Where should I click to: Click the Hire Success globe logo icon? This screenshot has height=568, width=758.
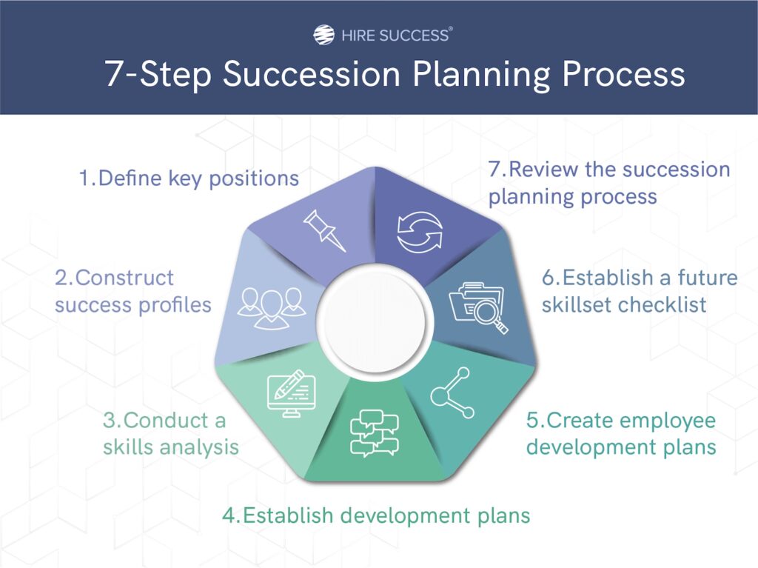coord(323,35)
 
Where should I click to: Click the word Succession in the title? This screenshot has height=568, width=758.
coord(312,74)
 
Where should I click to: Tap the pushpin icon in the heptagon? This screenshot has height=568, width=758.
coord(324,230)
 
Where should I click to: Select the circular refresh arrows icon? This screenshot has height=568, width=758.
coord(420,233)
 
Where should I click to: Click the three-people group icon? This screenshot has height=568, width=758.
coord(271,308)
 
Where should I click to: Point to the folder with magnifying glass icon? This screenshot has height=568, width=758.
coord(478,308)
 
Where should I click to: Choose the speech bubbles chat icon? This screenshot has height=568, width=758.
coord(374,433)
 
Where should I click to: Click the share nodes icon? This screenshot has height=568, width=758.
coord(452,392)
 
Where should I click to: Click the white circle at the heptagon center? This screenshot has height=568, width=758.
coord(372,321)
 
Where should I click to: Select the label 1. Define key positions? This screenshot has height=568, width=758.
coord(189,178)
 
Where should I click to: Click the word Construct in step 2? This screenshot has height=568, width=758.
coord(124,278)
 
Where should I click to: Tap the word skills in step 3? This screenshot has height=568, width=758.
coord(129,447)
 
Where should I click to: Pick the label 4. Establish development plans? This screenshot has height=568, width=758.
coord(376,515)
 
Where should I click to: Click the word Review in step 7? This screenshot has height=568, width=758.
coord(544,170)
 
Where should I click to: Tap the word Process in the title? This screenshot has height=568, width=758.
coord(623,74)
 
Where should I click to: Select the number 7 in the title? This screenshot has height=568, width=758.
coord(113,74)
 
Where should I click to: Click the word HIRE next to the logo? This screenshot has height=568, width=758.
coord(358,36)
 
